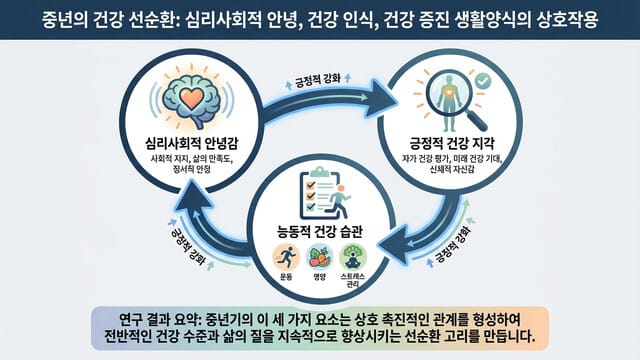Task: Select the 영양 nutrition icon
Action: tap(319, 255)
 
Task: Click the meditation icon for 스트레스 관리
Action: tap(355, 255)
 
